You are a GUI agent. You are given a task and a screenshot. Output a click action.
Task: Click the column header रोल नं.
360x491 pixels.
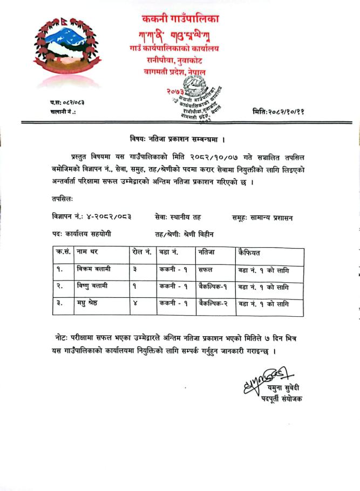click(141, 252)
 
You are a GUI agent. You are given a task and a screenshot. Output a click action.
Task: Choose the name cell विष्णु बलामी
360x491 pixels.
click(93, 286)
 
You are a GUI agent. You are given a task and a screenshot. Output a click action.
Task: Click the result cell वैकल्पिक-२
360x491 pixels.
click(213, 303)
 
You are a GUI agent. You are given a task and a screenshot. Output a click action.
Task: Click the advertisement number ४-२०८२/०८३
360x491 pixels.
click(107, 217)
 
